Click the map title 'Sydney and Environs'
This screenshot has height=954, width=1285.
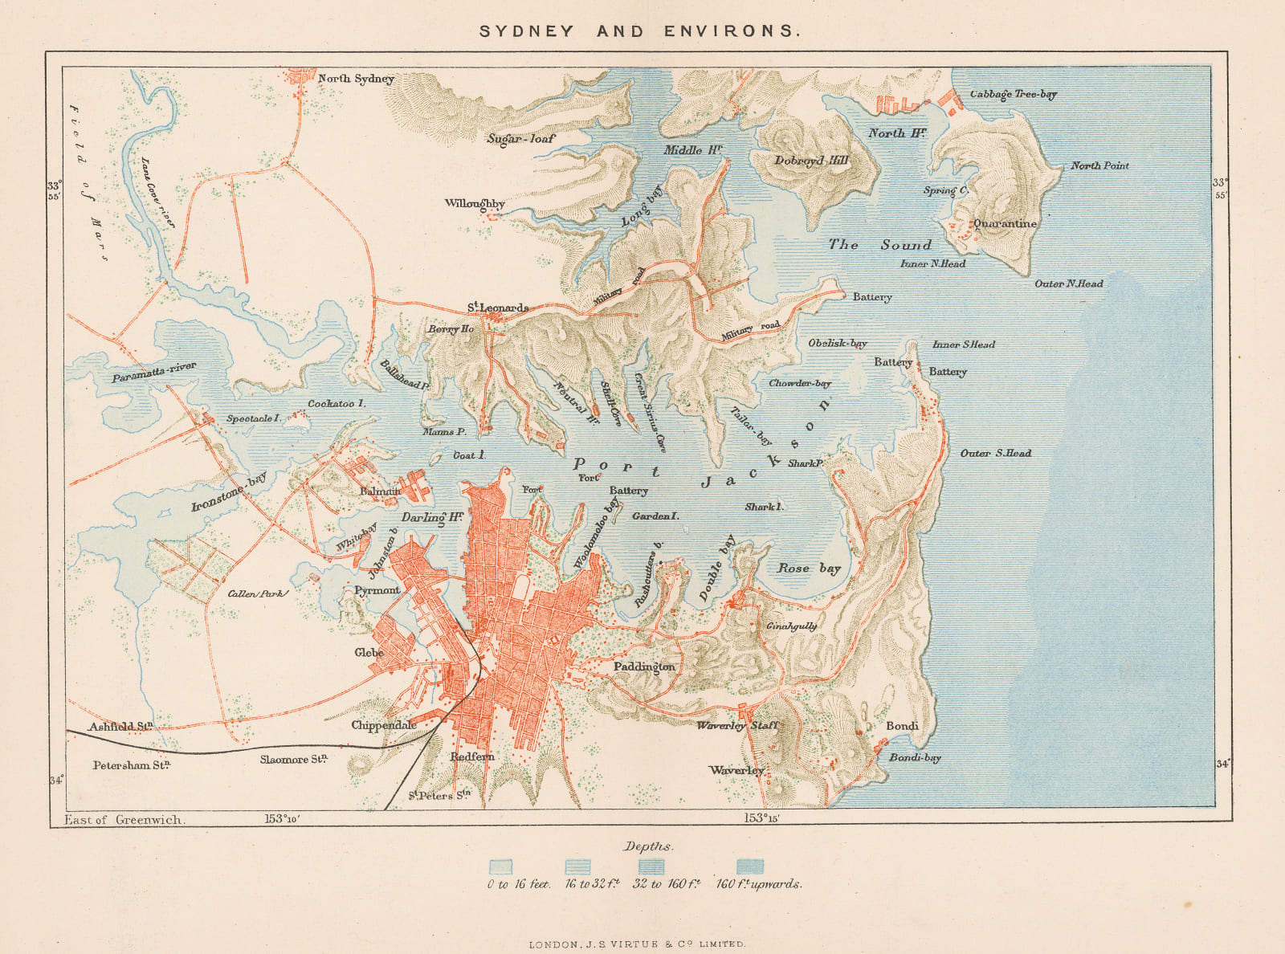coord(640,31)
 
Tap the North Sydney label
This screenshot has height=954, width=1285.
coord(356,79)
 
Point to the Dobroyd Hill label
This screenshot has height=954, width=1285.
coord(811,161)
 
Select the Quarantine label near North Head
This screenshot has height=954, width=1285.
coord(1005,224)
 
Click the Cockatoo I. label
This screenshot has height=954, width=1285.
coord(337,404)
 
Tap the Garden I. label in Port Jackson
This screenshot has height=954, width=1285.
coord(655,516)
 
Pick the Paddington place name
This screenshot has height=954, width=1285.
coord(644,667)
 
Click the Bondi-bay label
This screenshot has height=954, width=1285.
coord(915,757)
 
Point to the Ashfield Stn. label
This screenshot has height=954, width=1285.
coord(120,727)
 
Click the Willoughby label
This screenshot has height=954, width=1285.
coord(475,203)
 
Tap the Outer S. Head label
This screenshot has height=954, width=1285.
coord(996,453)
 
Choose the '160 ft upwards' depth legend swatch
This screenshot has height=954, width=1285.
coord(749,866)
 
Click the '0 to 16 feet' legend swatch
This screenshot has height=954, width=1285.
coord(500,866)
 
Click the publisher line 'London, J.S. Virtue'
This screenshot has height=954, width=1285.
coord(637,944)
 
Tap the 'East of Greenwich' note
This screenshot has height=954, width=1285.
coord(124,820)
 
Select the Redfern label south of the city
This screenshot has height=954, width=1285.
coord(472,757)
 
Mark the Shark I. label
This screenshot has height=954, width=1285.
coord(763,507)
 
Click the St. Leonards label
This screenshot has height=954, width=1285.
coord(498,308)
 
